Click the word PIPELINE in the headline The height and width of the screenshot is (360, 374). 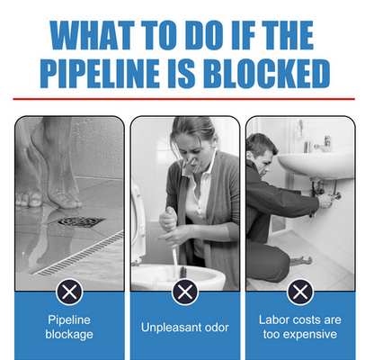tap(100, 74)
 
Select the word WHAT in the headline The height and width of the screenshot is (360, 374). tap(92, 35)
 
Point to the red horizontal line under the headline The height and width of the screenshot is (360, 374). tap(183, 99)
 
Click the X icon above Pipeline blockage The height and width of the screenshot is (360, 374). tap(69, 292)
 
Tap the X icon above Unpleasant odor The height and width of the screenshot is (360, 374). tap(185, 292)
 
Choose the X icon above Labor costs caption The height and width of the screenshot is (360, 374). tap(300, 292)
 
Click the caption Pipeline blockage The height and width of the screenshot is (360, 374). tap(69, 327)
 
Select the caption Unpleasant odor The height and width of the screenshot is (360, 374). tap(185, 328)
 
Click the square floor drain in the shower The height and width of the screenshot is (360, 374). tap(78, 221)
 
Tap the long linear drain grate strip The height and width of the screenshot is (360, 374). tap(79, 255)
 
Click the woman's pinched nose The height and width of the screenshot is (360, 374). tap(192, 164)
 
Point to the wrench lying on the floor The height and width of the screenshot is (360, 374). tap(301, 260)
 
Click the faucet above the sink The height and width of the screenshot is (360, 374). tap(323, 143)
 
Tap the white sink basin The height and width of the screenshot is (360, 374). tap(316, 166)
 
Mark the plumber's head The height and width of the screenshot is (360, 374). tap(262, 153)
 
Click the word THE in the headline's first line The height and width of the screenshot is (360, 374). tap(288, 35)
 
